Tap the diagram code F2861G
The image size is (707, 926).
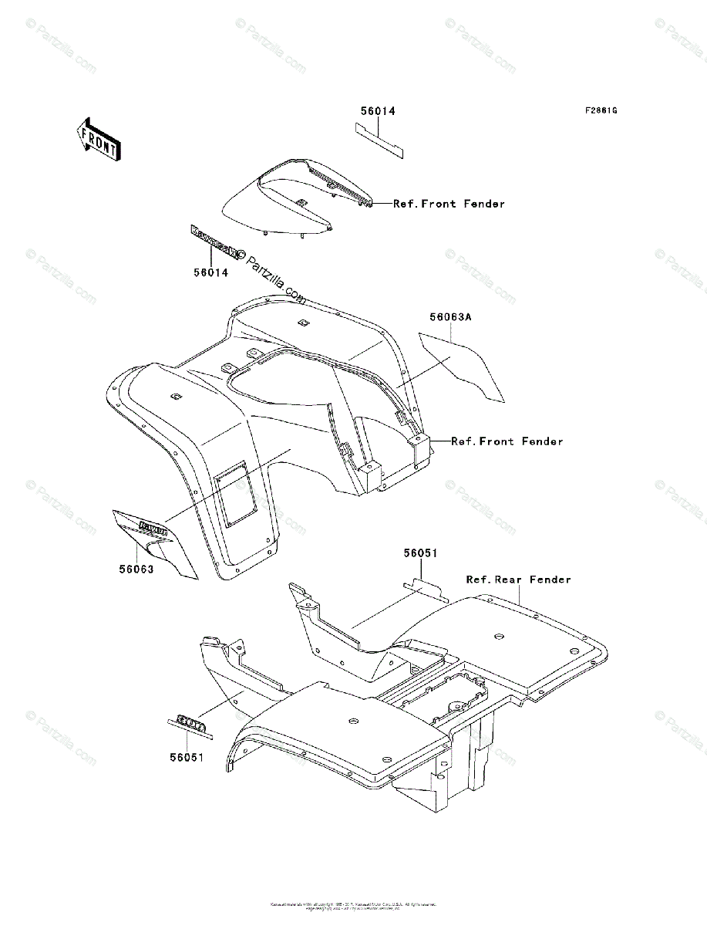pyautogui.click(x=601, y=110)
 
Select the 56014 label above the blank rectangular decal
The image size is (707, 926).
pyautogui.click(x=378, y=111)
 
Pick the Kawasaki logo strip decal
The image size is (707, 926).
pyautogui.click(x=214, y=242)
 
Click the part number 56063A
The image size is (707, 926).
pyautogui.click(x=450, y=316)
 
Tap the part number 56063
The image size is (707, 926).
pyautogui.click(x=136, y=569)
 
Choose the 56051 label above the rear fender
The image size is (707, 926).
pyautogui.click(x=420, y=553)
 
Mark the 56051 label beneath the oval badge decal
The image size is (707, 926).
pyautogui.click(x=187, y=757)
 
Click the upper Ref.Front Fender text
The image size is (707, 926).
pyautogui.click(x=449, y=204)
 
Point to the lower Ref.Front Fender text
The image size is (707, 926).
pyautogui.click(x=507, y=441)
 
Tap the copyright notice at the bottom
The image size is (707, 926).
pyautogui.click(x=353, y=905)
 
